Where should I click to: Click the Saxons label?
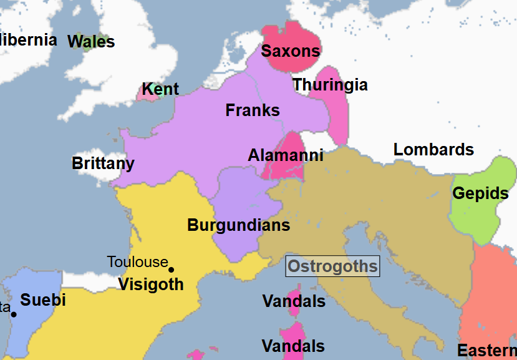(x=291, y=51)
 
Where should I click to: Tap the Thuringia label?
(x=330, y=84)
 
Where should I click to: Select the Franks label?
(x=253, y=110)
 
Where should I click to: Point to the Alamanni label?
(x=286, y=155)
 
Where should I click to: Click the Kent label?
(x=160, y=89)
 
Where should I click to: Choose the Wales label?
(x=91, y=42)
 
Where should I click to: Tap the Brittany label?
(x=103, y=163)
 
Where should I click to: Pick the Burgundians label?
(x=239, y=225)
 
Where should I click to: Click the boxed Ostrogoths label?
(x=332, y=267)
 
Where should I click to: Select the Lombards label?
(x=433, y=150)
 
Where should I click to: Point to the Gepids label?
(x=481, y=193)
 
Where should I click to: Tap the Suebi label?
(x=43, y=300)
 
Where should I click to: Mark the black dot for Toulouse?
(x=172, y=270)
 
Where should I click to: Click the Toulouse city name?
(x=138, y=261)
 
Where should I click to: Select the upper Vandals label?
(x=294, y=301)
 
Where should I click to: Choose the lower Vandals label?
(x=293, y=346)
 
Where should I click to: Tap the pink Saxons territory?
(x=288, y=34)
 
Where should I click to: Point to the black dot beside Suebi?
(x=14, y=314)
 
